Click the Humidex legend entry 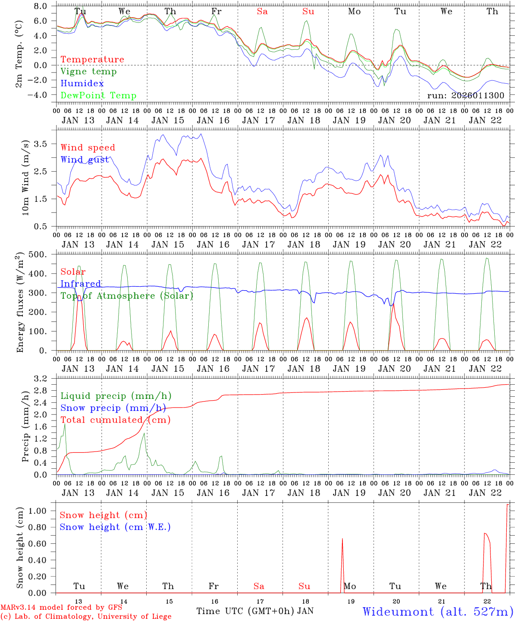coord(82,84)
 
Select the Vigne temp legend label coord(88,72)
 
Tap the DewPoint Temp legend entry coord(98,96)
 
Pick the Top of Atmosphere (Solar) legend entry coord(127,296)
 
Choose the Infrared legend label coord(81,284)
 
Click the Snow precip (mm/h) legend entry coord(113,408)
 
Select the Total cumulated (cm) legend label coord(115,420)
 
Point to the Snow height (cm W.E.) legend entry coord(115,527)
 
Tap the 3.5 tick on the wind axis coord(42,144)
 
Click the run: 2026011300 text coord(465,95)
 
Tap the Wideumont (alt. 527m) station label coord(438,612)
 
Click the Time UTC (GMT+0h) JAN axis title coord(255,611)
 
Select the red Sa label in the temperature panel coord(262,12)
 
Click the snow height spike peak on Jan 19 coord(342,539)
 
